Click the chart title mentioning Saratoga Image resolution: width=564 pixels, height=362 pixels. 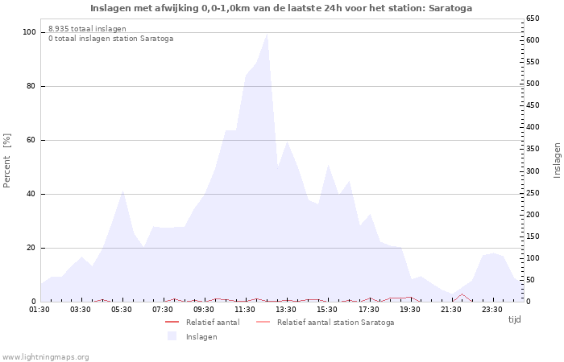click(x=281, y=8)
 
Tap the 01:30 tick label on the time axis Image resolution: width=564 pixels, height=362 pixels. click(x=39, y=309)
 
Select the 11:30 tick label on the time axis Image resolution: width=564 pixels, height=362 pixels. click(x=246, y=309)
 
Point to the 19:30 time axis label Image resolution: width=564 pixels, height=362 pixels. click(x=410, y=309)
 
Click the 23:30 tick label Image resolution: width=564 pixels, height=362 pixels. click(x=492, y=309)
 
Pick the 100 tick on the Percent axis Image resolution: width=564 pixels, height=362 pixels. click(x=30, y=32)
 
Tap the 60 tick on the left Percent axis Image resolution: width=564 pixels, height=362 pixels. click(x=31, y=140)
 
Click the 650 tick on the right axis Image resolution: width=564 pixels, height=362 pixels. click(x=534, y=19)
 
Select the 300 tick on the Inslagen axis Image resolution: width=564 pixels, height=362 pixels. click(x=534, y=171)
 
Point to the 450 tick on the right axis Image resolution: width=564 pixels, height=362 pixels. click(x=534, y=105)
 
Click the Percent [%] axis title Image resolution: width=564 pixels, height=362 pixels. click(x=7, y=161)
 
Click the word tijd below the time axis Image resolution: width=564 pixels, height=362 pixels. click(x=514, y=319)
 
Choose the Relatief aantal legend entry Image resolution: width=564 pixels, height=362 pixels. click(x=212, y=323)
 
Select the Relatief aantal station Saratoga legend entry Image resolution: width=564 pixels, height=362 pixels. click(x=335, y=323)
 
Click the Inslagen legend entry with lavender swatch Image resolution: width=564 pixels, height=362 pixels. click(x=201, y=337)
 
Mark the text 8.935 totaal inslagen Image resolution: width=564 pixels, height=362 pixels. click(x=87, y=29)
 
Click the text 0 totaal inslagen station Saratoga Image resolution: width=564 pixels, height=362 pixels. click(x=110, y=39)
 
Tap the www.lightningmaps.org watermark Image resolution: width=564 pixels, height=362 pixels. click(x=46, y=356)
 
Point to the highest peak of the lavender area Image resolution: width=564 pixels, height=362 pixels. click(x=267, y=34)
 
